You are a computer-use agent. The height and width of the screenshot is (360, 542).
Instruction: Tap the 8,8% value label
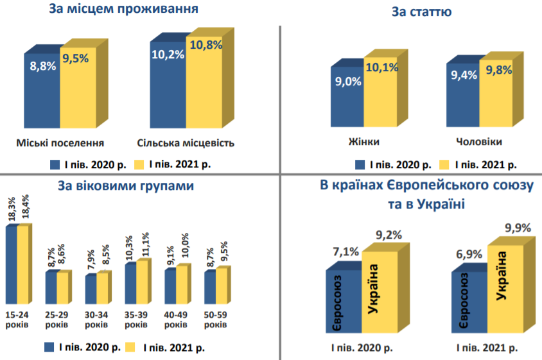43,65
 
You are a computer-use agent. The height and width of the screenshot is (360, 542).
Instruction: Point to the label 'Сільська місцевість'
186,142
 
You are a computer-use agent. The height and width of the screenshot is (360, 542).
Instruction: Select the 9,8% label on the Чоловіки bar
499,71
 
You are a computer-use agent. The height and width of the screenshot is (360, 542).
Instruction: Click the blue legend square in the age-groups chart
49,347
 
